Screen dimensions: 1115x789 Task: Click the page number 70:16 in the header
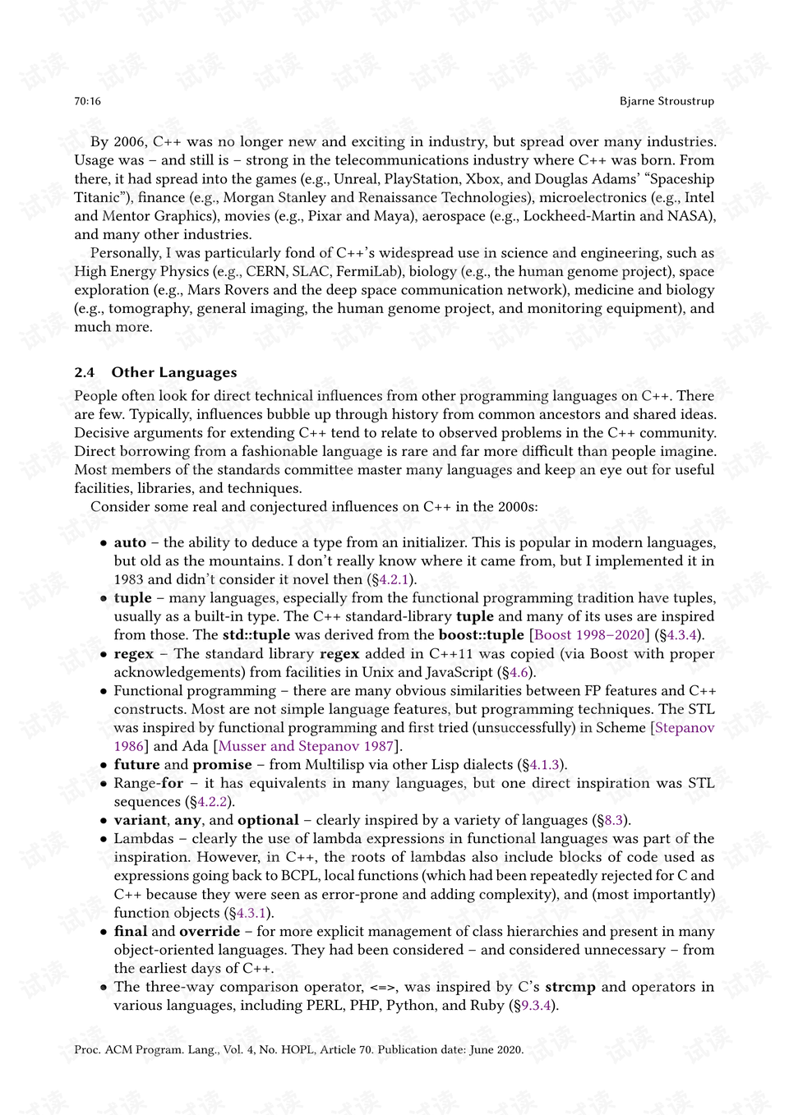click(x=87, y=101)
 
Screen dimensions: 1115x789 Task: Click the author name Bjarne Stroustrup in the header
click(x=667, y=101)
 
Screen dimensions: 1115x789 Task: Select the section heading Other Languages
click(x=174, y=372)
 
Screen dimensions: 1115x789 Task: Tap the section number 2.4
click(x=84, y=372)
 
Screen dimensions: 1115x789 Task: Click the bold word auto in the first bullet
click(x=130, y=542)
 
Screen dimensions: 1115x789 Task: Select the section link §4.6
click(x=515, y=672)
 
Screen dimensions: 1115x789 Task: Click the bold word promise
click(x=222, y=764)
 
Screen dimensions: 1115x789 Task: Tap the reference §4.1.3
click(x=542, y=764)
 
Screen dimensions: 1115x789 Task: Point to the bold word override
click(x=210, y=931)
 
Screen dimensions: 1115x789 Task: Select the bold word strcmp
click(x=570, y=987)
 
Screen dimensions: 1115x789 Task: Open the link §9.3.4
click(x=533, y=1005)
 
